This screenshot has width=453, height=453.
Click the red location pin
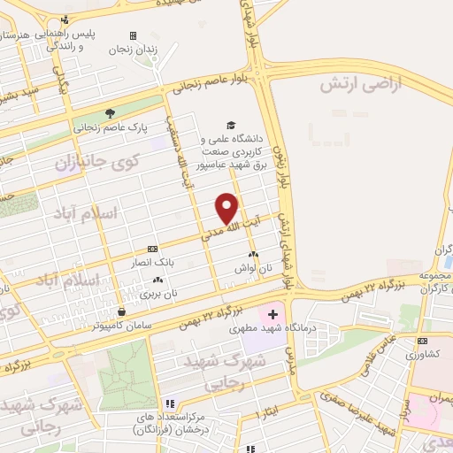point(228,207)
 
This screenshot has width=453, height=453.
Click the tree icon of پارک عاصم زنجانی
point(110,113)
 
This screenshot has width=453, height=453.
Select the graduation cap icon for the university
point(231,126)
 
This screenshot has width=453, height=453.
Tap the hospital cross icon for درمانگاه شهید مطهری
point(272,314)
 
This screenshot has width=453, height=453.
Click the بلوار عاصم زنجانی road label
point(211,85)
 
